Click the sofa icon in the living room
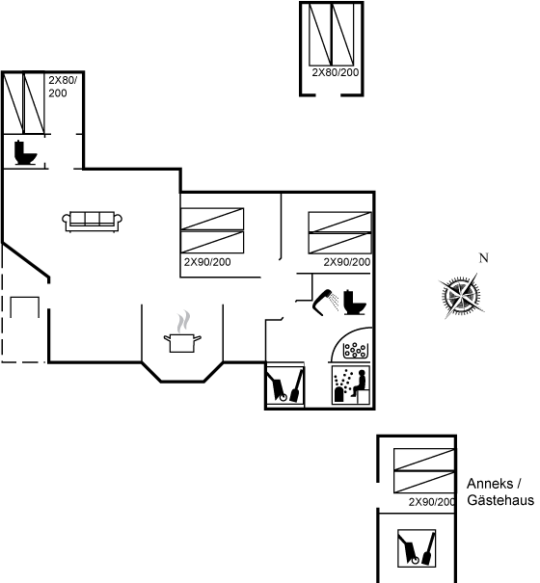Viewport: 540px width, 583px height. coord(93,222)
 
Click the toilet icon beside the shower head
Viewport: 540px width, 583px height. coord(354,303)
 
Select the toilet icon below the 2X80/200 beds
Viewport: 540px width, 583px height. coord(25,152)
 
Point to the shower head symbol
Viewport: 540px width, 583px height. coord(326,302)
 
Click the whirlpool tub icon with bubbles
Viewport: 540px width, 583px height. coord(356,350)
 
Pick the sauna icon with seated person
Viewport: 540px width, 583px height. coord(351,384)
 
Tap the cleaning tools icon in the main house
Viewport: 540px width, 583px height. coord(285,385)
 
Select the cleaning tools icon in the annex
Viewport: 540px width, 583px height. coord(417,548)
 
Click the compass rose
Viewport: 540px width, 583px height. coord(462,296)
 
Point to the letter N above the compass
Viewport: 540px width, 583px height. coord(483,257)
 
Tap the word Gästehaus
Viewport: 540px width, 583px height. coord(500,500)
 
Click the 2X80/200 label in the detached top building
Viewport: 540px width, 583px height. coord(336,72)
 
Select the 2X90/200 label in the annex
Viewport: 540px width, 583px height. coord(432,502)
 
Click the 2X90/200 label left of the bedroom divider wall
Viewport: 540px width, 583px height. coord(207,262)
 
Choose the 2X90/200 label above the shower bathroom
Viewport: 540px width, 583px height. coord(347,262)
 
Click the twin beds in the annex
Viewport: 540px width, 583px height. coord(424,470)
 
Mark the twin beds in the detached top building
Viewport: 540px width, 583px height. coord(331,35)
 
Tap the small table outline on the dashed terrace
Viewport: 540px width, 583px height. coord(24,307)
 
